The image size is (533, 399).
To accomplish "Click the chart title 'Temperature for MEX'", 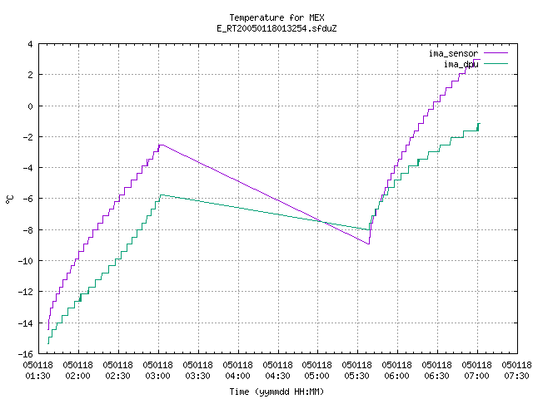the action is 276,17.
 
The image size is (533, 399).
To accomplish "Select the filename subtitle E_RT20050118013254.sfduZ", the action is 276,28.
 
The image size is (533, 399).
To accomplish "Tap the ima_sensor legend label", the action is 453,53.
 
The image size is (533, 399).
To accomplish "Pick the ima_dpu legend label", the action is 461,64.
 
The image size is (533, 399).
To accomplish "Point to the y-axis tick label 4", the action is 31,44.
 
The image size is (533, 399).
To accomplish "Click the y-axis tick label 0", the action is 31,106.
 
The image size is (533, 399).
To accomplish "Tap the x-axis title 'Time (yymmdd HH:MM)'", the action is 276,392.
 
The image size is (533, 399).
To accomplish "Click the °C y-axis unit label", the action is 9,199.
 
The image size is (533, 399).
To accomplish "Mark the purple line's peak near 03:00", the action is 160,145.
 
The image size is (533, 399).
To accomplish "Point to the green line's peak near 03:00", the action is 161,195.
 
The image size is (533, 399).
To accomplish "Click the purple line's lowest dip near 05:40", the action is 369,244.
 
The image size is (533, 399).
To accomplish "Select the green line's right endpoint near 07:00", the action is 480,124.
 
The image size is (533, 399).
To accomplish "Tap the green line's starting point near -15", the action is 48,343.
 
